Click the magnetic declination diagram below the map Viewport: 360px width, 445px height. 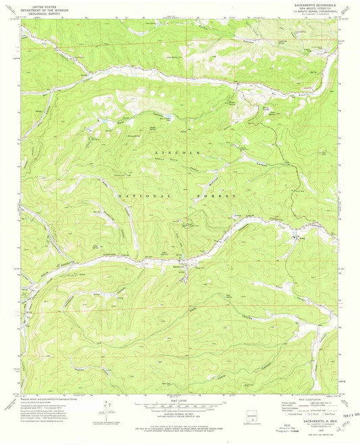coord(103,423)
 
